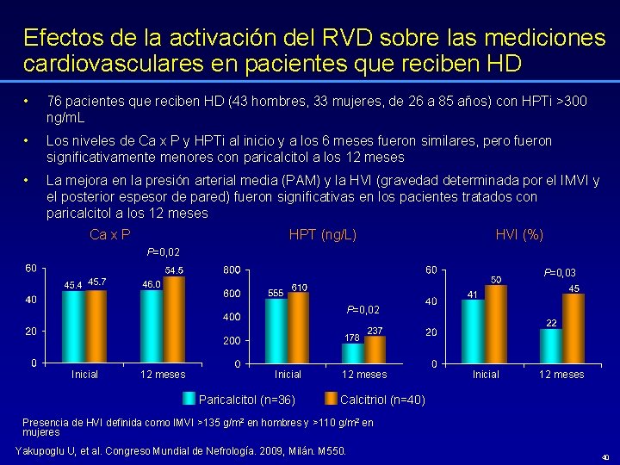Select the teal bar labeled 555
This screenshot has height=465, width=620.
click(x=276, y=331)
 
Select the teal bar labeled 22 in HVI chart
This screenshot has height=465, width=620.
click(x=550, y=345)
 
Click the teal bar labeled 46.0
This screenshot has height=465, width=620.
click(x=152, y=325)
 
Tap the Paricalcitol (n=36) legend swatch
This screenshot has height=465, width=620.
click(x=189, y=399)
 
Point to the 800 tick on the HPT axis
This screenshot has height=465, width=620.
click(x=231, y=270)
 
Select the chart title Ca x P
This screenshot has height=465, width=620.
click(x=110, y=235)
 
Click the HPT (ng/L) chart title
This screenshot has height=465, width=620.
click(x=323, y=235)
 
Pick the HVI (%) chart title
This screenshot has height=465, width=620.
click(x=519, y=235)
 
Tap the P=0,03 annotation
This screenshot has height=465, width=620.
click(x=560, y=273)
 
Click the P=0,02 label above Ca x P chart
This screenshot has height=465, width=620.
click(x=164, y=251)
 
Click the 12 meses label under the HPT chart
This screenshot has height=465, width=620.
click(x=364, y=375)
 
